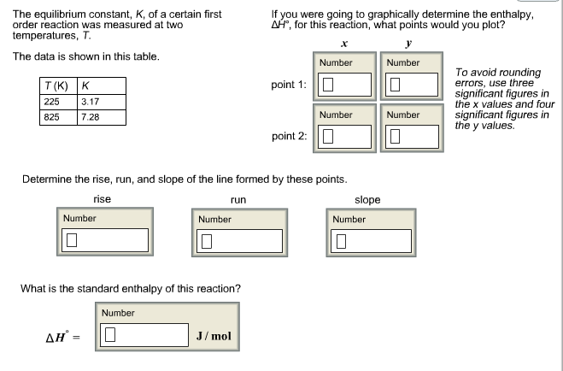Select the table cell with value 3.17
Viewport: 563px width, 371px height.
[101, 101]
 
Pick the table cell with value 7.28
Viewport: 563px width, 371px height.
[101, 116]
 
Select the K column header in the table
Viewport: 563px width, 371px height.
[101, 85]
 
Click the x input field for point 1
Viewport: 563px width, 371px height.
[345, 85]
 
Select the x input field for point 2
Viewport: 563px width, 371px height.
[345, 136]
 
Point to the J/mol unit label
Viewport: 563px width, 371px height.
[214, 335]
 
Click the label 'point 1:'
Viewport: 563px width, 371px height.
[289, 85]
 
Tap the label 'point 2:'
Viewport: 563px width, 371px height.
[289, 137]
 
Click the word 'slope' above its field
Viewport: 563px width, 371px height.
[367, 199]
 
